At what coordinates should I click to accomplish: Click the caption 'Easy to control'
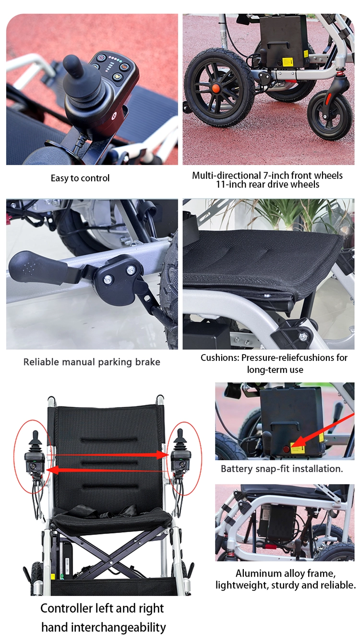pyautogui.click(x=80, y=178)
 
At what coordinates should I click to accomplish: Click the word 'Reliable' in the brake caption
pyautogui.click(x=41, y=362)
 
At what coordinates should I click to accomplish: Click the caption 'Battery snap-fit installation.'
pyautogui.click(x=282, y=469)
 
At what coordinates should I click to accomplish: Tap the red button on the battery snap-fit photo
pyautogui.click(x=287, y=449)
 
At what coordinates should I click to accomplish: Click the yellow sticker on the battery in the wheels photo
pyautogui.click(x=288, y=61)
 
